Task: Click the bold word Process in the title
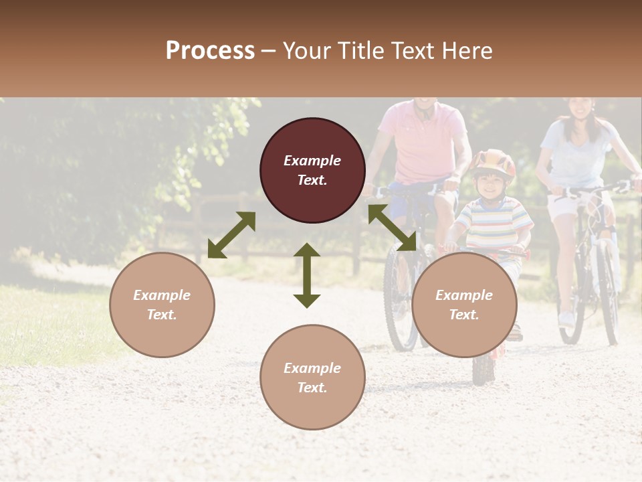(x=210, y=51)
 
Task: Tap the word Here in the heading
(x=466, y=51)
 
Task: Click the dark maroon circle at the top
(x=312, y=170)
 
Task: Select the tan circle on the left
(x=162, y=305)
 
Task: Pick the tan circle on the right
(x=464, y=305)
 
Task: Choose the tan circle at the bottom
(x=312, y=378)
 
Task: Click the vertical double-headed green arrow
(x=307, y=275)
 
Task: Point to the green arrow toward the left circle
(x=231, y=235)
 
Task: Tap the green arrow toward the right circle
(x=392, y=228)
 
